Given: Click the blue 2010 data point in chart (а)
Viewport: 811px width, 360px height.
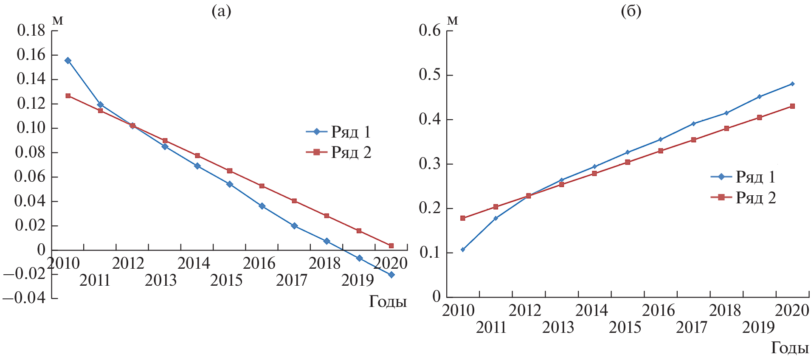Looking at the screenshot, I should click(68, 61).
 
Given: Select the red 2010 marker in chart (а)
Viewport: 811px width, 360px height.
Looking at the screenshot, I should click(68, 96).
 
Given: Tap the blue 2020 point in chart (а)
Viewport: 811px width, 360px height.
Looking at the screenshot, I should click(391, 275).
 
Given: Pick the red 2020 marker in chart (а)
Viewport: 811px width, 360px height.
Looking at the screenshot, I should click(391, 246).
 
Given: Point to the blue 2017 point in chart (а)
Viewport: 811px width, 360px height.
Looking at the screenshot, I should click(294, 226).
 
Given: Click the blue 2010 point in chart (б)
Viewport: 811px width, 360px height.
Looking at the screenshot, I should click(463, 250).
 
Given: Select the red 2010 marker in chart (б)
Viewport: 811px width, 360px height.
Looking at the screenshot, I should click(463, 218).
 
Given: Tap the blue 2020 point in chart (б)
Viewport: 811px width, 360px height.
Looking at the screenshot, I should click(792, 84).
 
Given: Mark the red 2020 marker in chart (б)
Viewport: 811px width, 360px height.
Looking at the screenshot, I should click(792, 106).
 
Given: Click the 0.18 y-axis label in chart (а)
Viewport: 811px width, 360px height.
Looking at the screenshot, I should click(31, 30).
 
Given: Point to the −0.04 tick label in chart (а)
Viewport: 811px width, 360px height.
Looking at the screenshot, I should click(24, 298).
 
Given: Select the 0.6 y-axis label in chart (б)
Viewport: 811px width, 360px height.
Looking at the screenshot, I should click(430, 30).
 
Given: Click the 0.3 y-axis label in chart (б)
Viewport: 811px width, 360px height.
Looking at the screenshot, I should click(430, 164).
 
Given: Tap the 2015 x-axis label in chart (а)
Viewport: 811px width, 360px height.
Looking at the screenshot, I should click(226, 280).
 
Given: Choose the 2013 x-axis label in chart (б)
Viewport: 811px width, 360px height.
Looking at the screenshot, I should click(558, 327).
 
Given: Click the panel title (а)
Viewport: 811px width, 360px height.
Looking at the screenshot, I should click(221, 11).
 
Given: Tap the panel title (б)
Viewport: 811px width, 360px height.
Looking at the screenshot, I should click(631, 11).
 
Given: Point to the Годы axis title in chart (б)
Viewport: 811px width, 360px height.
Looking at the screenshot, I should click(790, 348).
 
